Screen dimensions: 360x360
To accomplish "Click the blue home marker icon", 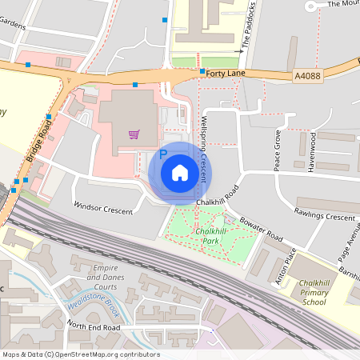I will tap(180, 172).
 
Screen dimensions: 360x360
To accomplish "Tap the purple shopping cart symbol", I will tap(134, 134).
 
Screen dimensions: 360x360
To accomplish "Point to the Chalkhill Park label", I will tap(211, 236).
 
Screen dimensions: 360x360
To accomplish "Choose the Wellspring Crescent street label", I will tap(204, 147).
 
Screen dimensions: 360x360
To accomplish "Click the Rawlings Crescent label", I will tap(324, 217).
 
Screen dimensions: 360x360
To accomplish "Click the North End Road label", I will tap(94, 327).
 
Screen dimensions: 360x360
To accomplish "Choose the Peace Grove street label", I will tap(278, 149).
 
